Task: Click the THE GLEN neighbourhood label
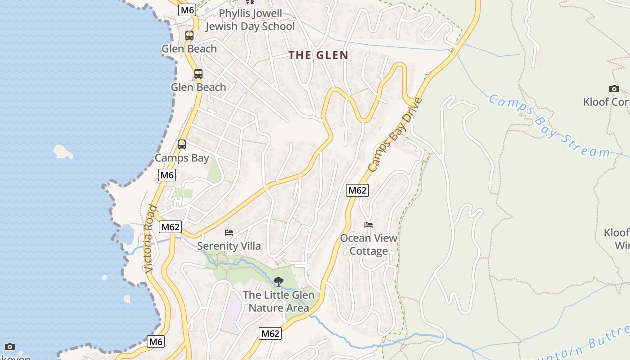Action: [318, 55]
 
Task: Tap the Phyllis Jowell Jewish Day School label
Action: [250, 20]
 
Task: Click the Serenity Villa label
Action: [229, 246]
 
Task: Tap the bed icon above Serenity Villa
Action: [229, 233]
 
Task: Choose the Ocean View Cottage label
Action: [369, 244]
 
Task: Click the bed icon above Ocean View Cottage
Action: [369, 225]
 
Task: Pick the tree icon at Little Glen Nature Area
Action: [279, 282]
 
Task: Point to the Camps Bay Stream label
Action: [549, 126]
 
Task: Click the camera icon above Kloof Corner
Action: [614, 89]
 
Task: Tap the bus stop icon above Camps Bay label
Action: [182, 144]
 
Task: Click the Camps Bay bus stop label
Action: [182, 158]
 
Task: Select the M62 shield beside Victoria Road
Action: [171, 227]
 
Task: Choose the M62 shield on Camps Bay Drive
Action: [357, 190]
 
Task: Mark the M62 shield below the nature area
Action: [270, 333]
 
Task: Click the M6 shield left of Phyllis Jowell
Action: [187, 10]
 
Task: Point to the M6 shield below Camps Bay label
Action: [166, 175]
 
